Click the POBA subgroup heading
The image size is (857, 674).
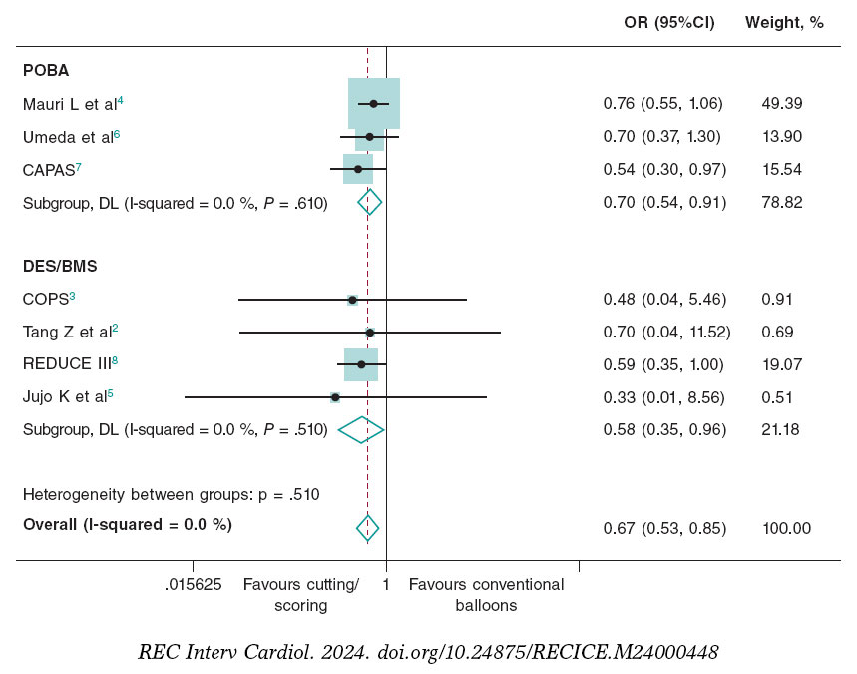click(x=46, y=71)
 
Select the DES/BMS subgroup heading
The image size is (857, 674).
click(x=60, y=266)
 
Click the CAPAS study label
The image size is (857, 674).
click(x=51, y=169)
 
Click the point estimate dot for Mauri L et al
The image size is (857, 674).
click(x=373, y=103)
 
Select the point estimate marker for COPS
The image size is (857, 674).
click(x=352, y=299)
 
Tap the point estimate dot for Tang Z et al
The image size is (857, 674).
click(x=369, y=332)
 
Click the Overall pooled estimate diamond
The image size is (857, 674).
click(x=368, y=528)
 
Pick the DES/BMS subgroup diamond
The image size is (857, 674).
click(x=361, y=430)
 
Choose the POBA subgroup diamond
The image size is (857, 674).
click(x=370, y=202)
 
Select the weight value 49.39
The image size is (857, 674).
click(x=782, y=104)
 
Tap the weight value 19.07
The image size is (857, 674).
click(x=782, y=364)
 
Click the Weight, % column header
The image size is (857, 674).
click(x=784, y=23)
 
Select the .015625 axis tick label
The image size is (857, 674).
click(x=193, y=585)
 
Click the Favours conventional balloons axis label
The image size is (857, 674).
click(x=486, y=595)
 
